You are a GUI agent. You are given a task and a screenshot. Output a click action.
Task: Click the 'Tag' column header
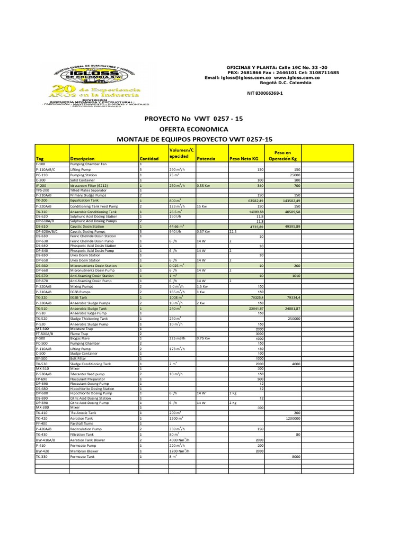click(40, 158)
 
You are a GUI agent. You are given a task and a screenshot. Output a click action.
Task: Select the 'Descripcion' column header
click(82, 158)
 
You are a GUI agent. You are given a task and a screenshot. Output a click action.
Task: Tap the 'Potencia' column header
click(206, 158)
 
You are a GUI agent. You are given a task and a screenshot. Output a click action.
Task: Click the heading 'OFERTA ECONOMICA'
click(194, 129)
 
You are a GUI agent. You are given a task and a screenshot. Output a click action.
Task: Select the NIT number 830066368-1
click(266, 93)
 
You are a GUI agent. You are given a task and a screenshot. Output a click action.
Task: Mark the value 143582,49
click(289, 201)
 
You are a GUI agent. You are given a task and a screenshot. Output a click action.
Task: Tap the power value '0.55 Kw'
click(205, 185)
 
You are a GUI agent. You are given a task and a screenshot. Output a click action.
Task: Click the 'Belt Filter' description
click(79, 358)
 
